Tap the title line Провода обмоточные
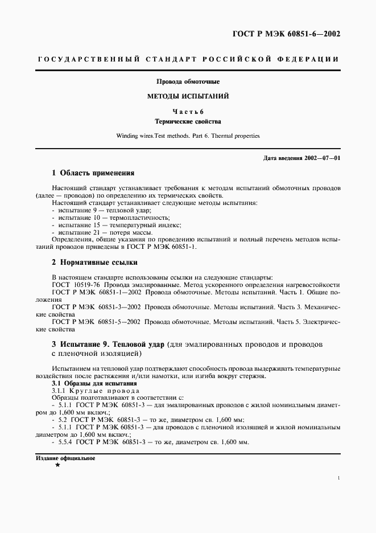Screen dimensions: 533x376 (x=188, y=82)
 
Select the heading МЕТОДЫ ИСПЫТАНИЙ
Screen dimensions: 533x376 (x=188, y=96)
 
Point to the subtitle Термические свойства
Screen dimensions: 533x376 (x=188, y=121)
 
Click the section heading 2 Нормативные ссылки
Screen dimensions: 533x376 (x=94, y=263)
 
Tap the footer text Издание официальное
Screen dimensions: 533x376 (x=65, y=458)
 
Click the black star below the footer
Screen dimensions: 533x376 (x=57, y=465)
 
